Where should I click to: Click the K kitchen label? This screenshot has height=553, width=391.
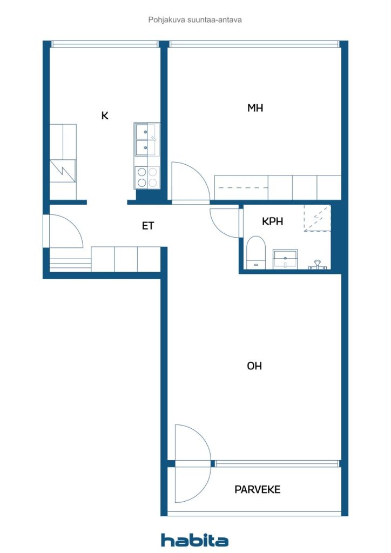[105, 116]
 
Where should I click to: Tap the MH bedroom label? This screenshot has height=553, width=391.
[255, 107]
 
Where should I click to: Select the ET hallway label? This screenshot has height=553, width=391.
[148, 226]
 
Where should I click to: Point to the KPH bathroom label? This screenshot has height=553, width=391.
[273, 221]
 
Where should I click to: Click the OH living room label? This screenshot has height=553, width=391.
[254, 366]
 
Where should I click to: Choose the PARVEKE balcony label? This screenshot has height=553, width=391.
[258, 489]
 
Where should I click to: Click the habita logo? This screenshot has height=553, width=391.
[194, 540]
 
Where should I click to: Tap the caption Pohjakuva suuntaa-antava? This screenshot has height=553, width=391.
[195, 20]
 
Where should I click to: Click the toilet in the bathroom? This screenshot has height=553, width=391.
[255, 253]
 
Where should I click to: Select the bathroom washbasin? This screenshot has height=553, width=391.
[285, 259]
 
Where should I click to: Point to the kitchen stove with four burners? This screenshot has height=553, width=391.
[147, 177]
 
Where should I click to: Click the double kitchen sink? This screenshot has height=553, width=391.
[146, 140]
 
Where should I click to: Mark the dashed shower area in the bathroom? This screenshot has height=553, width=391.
[318, 219]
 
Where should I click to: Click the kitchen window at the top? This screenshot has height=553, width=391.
[105, 44]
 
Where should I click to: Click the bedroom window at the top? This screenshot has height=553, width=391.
[254, 44]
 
